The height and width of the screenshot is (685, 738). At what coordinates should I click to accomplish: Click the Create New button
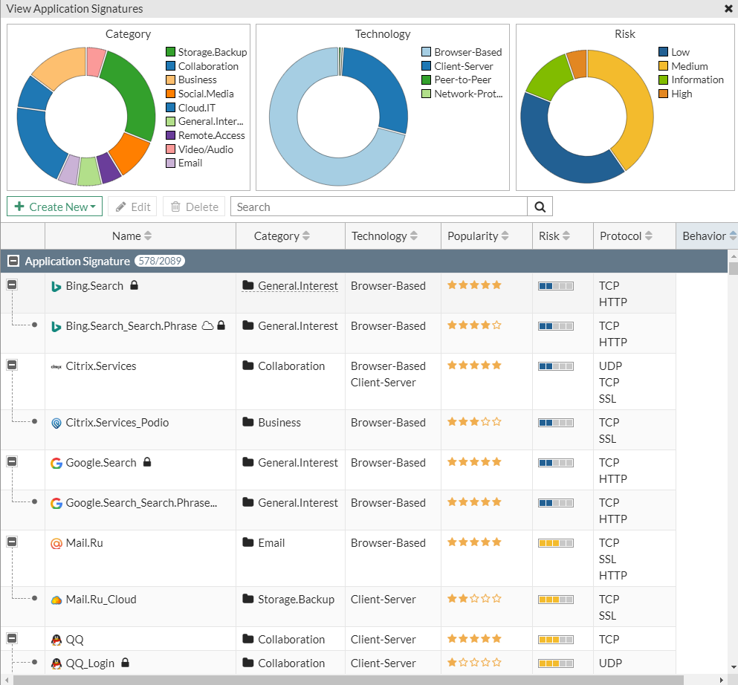point(54,207)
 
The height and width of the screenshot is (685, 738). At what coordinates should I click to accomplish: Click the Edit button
point(132,207)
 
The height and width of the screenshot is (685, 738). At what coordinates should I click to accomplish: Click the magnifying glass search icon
point(540,207)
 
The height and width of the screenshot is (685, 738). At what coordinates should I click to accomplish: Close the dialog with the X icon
point(728,9)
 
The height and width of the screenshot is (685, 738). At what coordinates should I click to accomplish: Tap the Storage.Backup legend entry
point(212,52)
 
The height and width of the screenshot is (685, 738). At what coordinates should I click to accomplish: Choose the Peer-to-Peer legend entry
point(462,79)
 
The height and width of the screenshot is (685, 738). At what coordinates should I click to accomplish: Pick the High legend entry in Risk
point(681,94)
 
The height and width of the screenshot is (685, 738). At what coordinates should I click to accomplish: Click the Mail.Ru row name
point(84,543)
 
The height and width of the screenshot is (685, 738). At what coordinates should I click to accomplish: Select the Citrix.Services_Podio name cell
point(117,423)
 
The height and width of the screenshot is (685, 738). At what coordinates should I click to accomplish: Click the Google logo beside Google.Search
point(56,463)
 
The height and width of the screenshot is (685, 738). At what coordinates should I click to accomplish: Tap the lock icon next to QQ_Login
point(126,663)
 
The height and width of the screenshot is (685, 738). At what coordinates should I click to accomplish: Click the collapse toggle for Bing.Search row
point(12,285)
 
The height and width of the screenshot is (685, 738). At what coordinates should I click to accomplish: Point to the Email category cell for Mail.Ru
point(271,543)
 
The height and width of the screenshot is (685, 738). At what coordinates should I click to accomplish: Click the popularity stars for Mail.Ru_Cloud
point(474,598)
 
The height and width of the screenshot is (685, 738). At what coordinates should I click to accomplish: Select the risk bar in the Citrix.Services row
point(556,366)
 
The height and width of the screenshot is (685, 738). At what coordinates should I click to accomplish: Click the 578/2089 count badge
point(160,262)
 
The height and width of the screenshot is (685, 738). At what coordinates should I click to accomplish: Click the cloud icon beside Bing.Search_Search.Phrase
point(208,325)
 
